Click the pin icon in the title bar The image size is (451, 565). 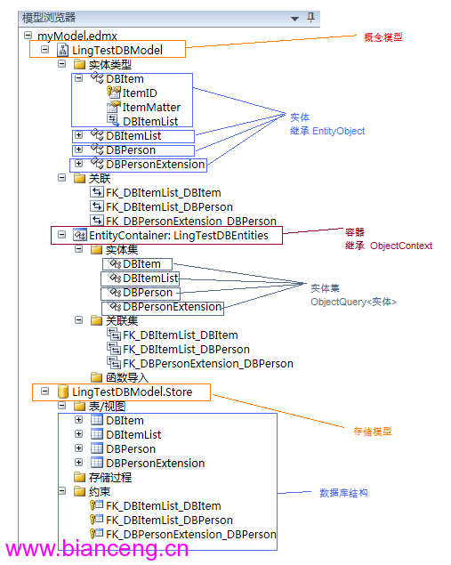click(x=310, y=17)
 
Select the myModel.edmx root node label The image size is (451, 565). click(x=77, y=36)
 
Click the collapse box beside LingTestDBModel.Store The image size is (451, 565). click(x=44, y=391)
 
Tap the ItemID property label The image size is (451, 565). click(x=140, y=93)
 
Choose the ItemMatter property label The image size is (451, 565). click(x=151, y=107)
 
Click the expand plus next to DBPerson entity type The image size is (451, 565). click(x=78, y=149)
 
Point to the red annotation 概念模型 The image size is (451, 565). click(x=383, y=37)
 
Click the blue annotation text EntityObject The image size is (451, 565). click(x=339, y=131)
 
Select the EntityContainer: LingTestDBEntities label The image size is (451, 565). click(x=179, y=235)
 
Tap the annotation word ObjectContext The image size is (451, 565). click(x=401, y=246)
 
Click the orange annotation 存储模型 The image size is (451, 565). click(x=372, y=432)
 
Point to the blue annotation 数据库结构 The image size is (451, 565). click(x=343, y=493)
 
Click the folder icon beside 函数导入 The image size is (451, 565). click(x=96, y=377)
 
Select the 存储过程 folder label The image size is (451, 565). click(x=110, y=478)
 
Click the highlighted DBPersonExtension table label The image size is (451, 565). click(x=156, y=463)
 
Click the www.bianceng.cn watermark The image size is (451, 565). click(x=97, y=548)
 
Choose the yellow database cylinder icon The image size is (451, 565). click(x=63, y=391)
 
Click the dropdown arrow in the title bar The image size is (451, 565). click(x=294, y=19)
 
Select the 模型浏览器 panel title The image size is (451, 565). click(x=49, y=18)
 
